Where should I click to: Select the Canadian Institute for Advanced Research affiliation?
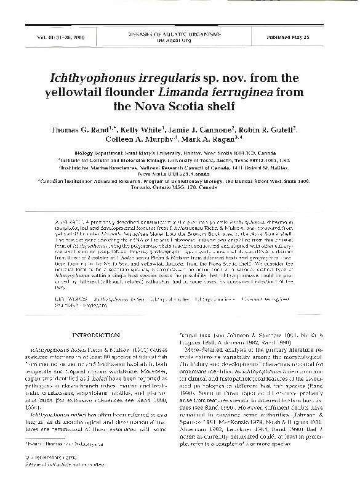click(181, 182)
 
